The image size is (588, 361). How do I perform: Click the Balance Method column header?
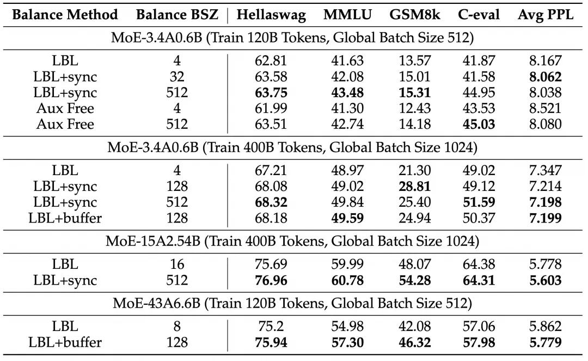pyautogui.click(x=65, y=15)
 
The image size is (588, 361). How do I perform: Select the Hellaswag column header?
pyautogui.click(x=271, y=15)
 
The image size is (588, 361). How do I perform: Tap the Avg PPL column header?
pyautogui.click(x=546, y=15)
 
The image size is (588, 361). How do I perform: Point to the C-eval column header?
pyautogui.click(x=479, y=15)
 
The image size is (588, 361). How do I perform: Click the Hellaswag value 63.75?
pyautogui.click(x=271, y=92)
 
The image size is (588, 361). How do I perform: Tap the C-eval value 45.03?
pyautogui.click(x=479, y=124)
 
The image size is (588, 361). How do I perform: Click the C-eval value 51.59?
pyautogui.click(x=479, y=203)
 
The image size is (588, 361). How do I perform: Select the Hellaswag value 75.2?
pyautogui.click(x=271, y=326)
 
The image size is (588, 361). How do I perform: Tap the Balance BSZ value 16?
pyautogui.click(x=177, y=265)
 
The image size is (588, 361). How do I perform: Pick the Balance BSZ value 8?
pyautogui.click(x=177, y=326)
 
